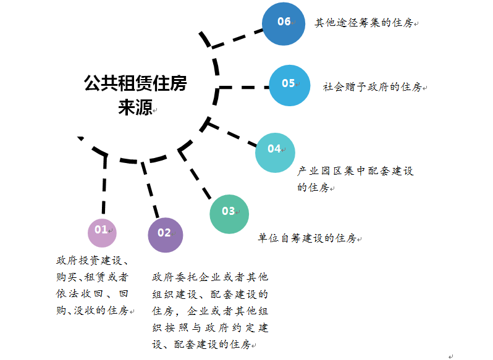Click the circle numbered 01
102,233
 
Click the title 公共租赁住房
135,84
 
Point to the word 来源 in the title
135,107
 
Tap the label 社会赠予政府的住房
373,87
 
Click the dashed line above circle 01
103,185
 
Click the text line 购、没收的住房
92,310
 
